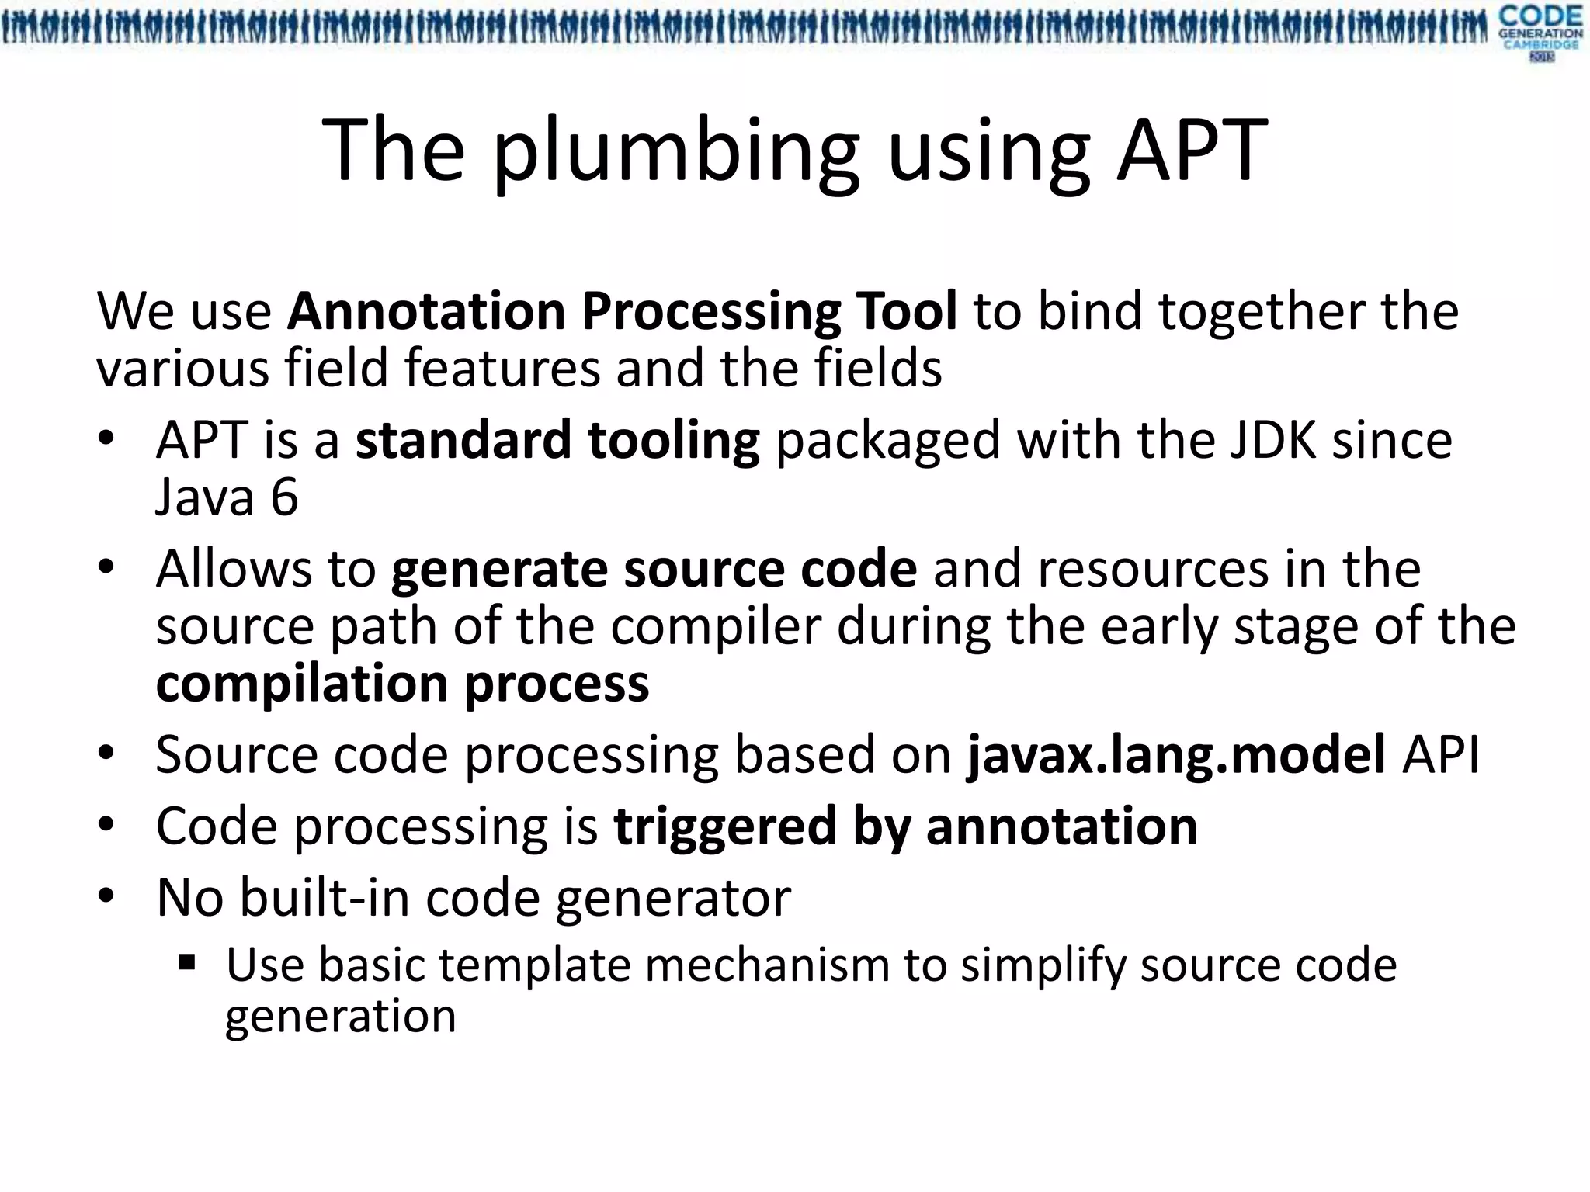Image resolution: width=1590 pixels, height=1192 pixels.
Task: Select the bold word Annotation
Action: pos(426,311)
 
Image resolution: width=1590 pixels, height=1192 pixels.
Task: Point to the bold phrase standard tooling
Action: pos(557,440)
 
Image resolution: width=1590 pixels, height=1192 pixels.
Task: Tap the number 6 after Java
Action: pos(284,497)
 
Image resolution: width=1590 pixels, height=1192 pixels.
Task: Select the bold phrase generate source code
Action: pos(654,569)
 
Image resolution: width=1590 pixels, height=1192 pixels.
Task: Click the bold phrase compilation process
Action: pos(402,684)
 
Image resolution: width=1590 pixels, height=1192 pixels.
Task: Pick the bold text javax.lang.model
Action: pos(1175,754)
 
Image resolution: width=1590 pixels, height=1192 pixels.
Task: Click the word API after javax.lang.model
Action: pos(1440,754)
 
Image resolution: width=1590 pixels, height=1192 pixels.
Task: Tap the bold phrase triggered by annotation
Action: pos(905,826)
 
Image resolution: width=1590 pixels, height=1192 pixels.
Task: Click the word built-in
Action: pos(325,898)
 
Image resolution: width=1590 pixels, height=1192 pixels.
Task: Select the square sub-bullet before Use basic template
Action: pos(187,965)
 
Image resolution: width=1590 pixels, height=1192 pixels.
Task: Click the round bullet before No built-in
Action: pos(106,897)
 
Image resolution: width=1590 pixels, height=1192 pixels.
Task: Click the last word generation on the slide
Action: pos(340,1017)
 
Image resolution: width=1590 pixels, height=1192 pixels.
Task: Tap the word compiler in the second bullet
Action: pos(715,626)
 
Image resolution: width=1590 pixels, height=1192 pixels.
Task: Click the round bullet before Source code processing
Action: pos(106,754)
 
